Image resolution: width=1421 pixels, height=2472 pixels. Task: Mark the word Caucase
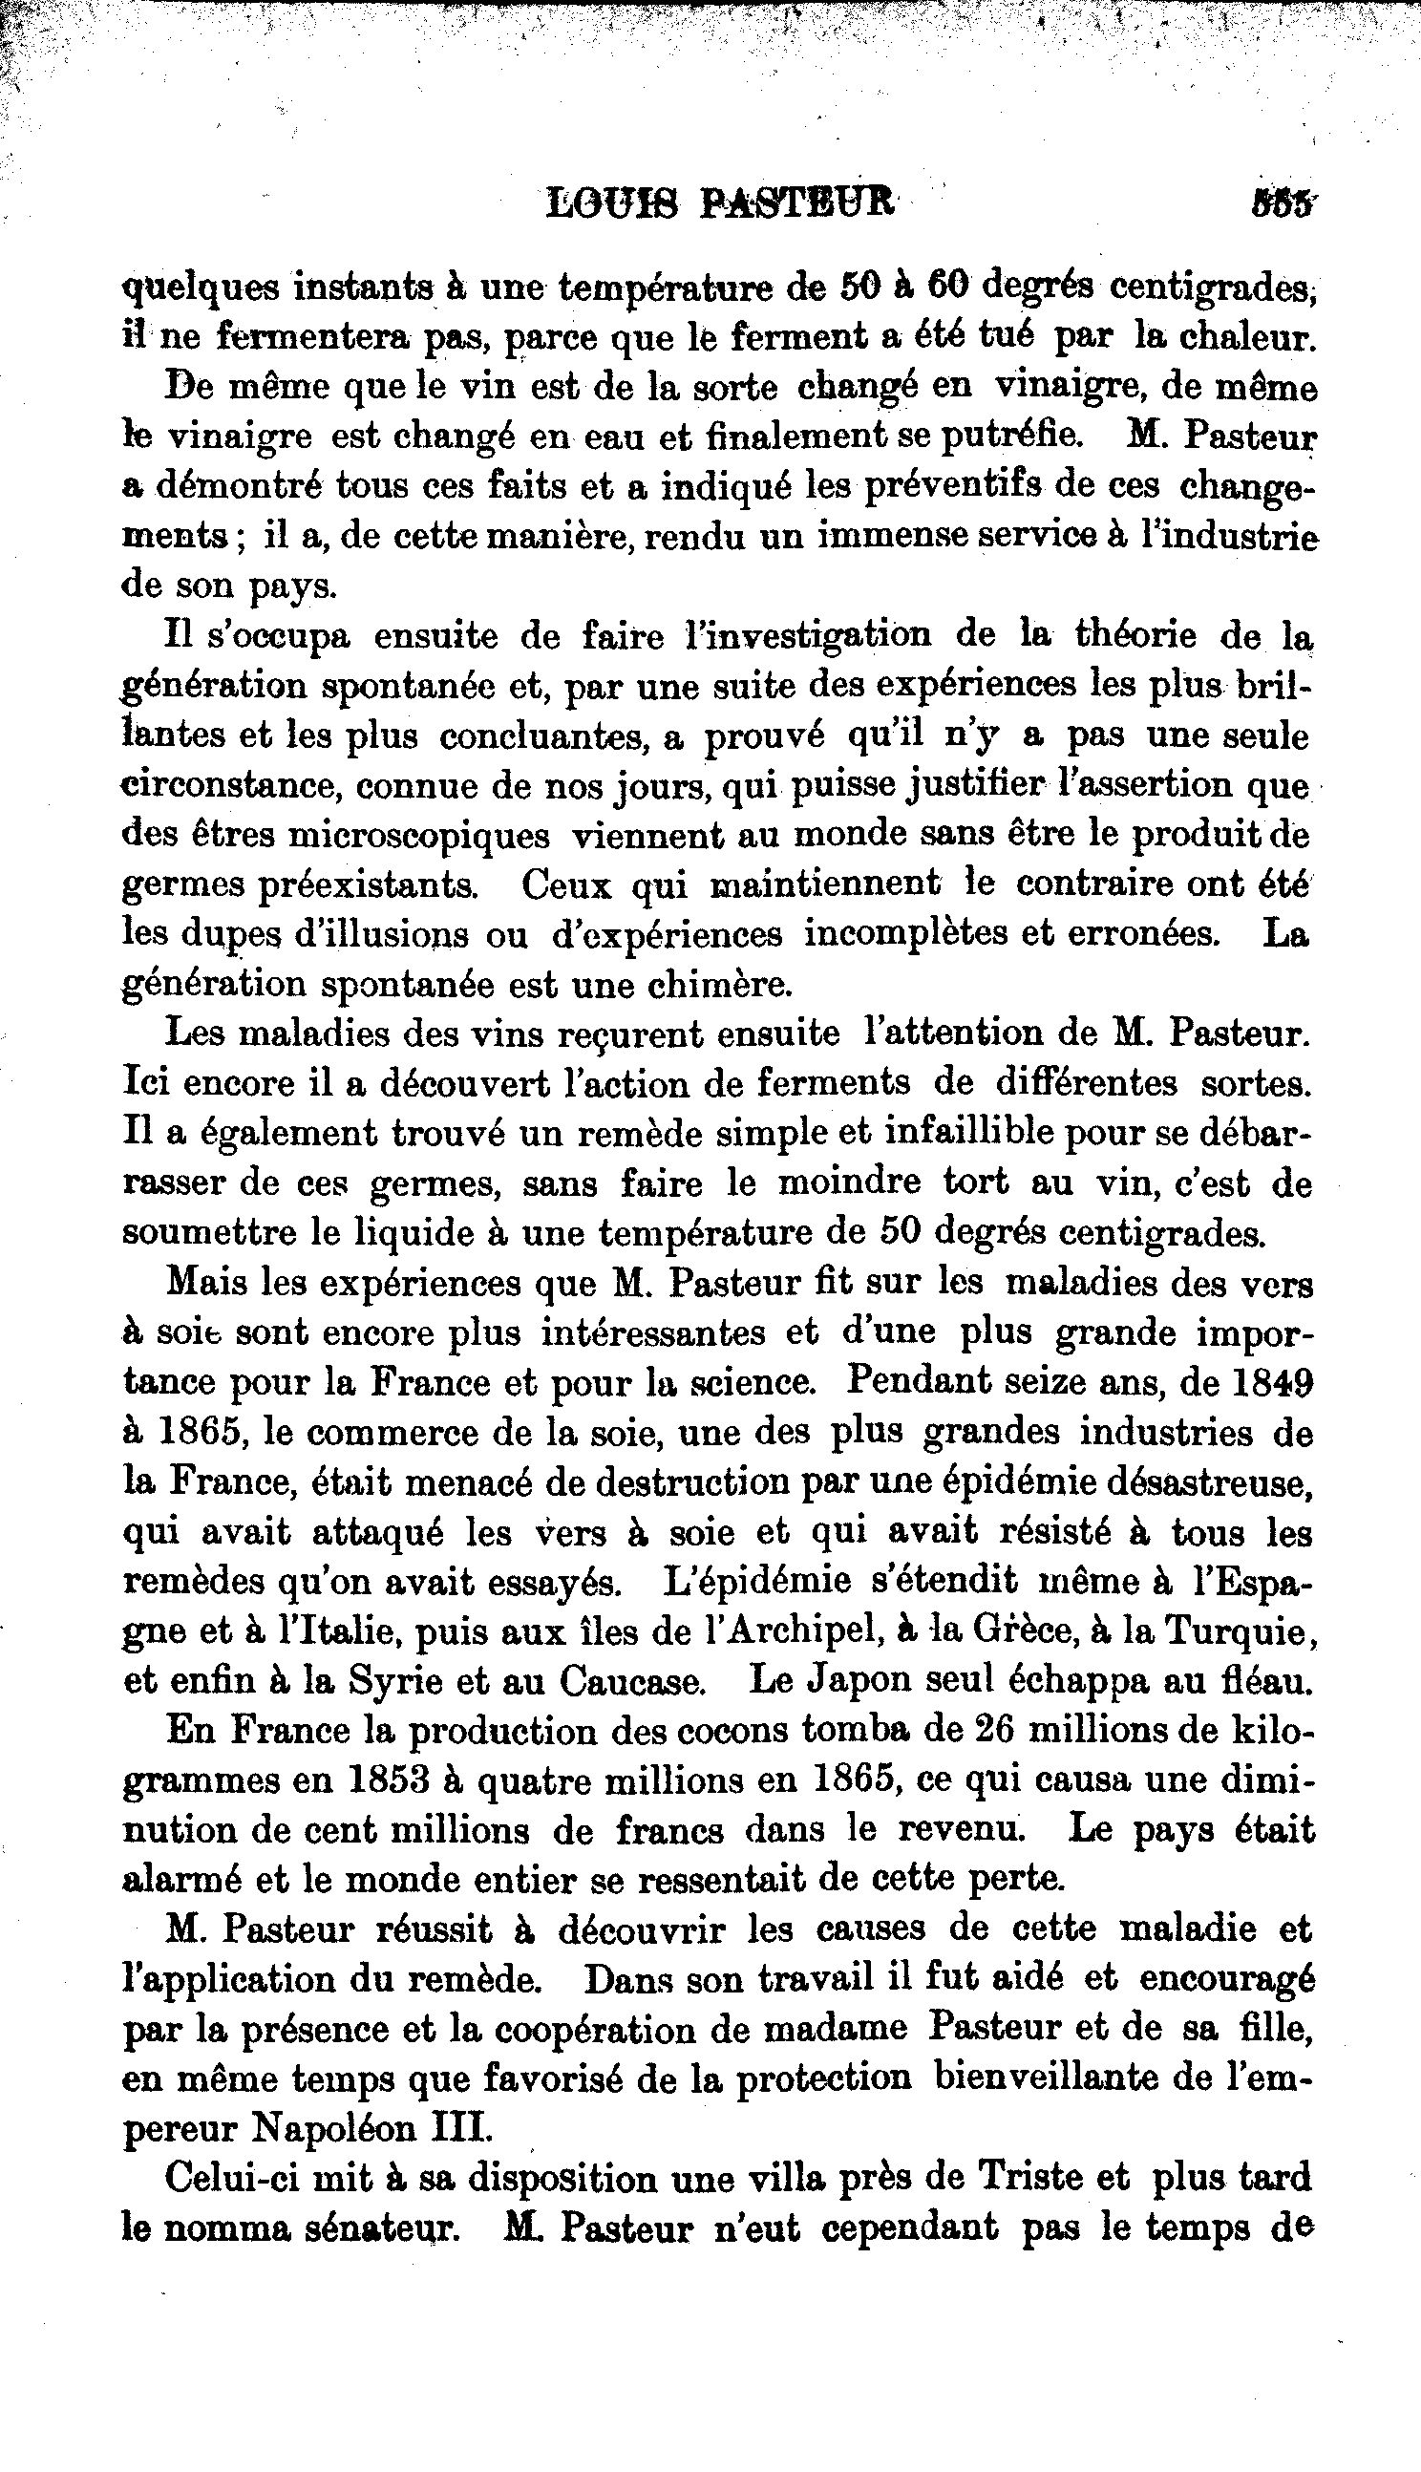(x=629, y=1681)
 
